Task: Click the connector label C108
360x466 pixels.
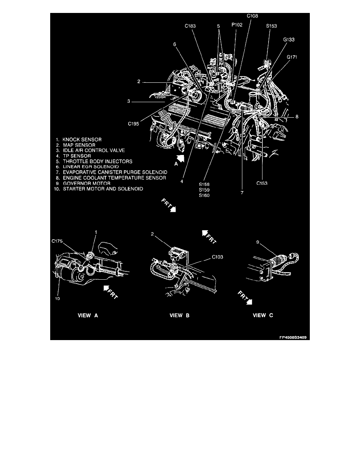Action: [x=253, y=16]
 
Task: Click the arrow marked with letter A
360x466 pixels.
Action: [x=180, y=159]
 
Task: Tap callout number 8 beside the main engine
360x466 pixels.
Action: [x=297, y=116]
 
